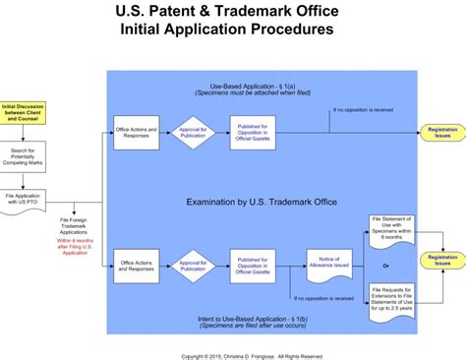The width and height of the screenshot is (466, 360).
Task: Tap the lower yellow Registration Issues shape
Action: (x=442, y=262)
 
